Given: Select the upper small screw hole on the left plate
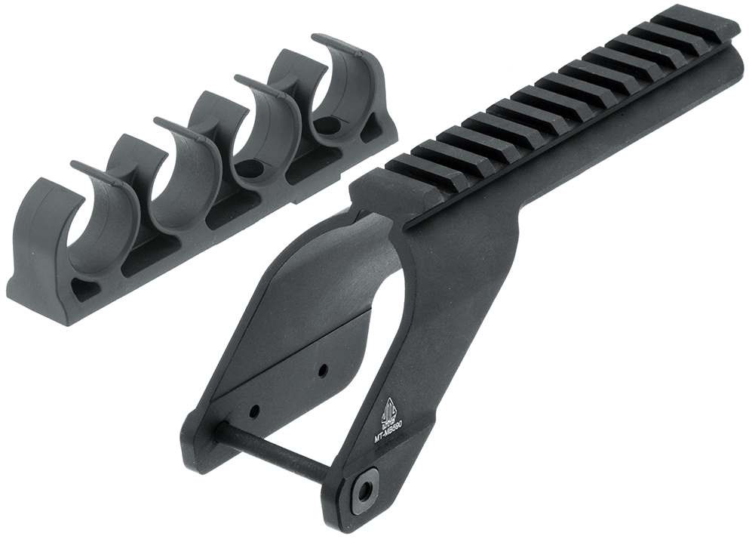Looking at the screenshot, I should point(322,371).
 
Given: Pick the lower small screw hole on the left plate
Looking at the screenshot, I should point(254,411).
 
